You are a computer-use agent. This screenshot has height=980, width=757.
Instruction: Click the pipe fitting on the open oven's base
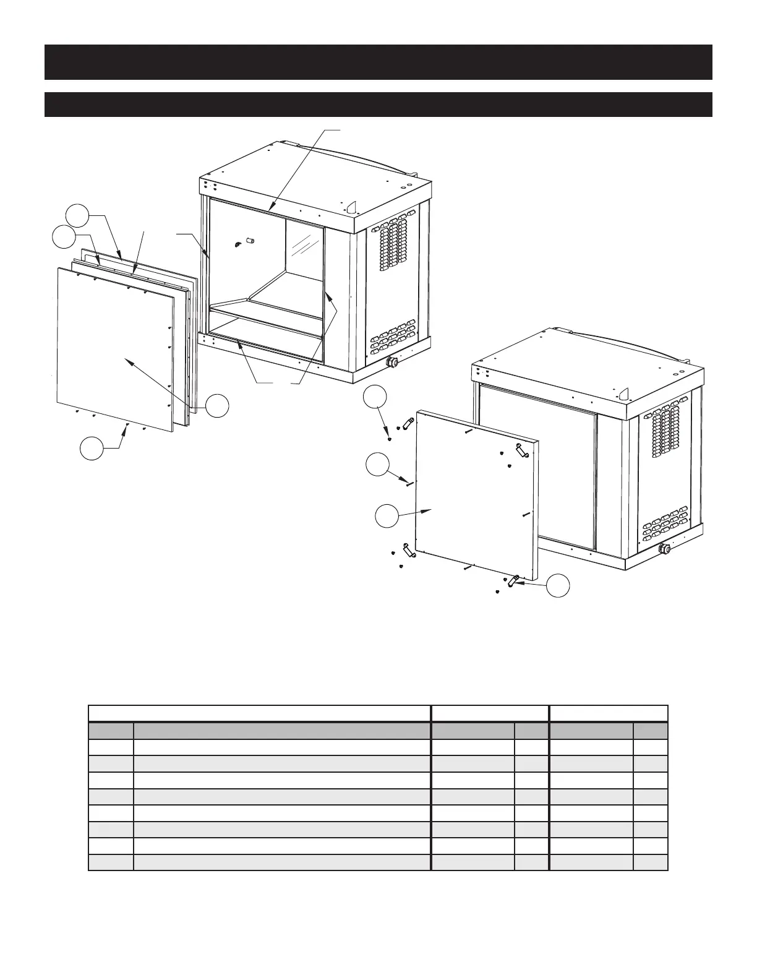pyautogui.click(x=391, y=362)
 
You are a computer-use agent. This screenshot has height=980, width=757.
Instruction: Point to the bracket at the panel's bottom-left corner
pyautogui.click(x=408, y=550)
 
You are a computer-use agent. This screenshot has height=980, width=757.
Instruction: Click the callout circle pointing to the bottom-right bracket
pyautogui.click(x=558, y=586)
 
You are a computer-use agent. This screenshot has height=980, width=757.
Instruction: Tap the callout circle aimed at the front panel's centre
pyautogui.click(x=217, y=406)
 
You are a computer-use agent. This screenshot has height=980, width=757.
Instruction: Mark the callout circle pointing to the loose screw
pyautogui.click(x=378, y=465)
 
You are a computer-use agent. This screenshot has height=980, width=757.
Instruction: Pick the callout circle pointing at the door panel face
pyautogui.click(x=388, y=516)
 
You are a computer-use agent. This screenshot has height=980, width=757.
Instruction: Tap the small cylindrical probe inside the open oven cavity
pyautogui.click(x=252, y=239)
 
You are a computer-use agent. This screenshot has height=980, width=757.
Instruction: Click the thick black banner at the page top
pyautogui.click(x=378, y=62)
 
